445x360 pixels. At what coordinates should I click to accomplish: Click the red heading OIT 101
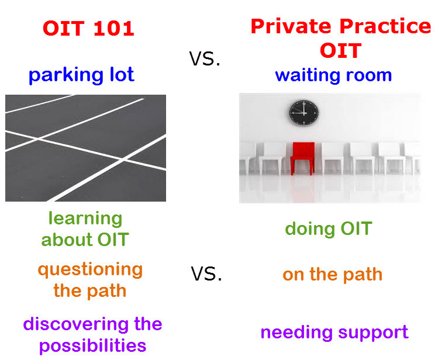(x=88, y=29)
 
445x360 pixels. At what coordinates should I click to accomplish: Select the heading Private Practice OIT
(x=340, y=38)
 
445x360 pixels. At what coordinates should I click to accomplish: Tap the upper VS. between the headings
(x=205, y=58)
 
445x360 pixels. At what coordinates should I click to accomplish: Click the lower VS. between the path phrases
(x=206, y=274)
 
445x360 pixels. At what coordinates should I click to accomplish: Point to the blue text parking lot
(x=81, y=75)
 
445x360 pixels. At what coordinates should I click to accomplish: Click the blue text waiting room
(x=333, y=75)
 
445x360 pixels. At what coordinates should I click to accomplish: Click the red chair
(x=303, y=154)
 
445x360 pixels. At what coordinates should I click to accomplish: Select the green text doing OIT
(x=328, y=229)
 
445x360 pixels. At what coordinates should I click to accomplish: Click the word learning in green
(x=85, y=219)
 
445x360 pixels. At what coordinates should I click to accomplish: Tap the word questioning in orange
(x=90, y=269)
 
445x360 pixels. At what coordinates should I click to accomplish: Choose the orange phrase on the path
(x=332, y=274)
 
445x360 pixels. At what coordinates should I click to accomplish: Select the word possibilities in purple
(x=92, y=345)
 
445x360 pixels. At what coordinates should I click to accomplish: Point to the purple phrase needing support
(x=334, y=333)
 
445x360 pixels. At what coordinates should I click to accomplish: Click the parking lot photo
(x=85, y=148)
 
